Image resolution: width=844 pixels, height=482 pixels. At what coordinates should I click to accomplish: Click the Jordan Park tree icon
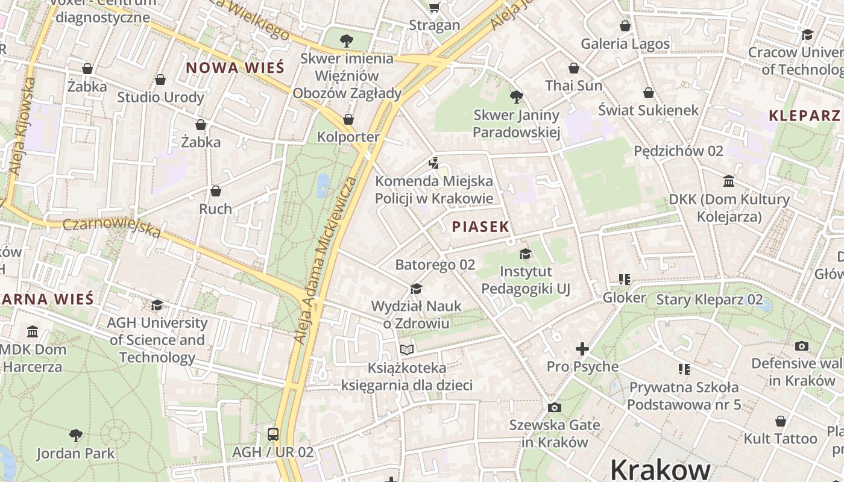click(x=76, y=435)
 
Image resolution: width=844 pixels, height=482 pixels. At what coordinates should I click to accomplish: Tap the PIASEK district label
click(x=480, y=227)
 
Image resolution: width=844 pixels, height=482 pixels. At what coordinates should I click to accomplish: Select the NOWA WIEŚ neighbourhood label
click(x=235, y=67)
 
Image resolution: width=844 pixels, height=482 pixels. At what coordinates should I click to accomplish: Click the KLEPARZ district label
click(x=804, y=116)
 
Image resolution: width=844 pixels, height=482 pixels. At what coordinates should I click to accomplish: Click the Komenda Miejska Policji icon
click(x=433, y=163)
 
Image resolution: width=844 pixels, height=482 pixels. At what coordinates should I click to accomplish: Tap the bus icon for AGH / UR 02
click(x=273, y=434)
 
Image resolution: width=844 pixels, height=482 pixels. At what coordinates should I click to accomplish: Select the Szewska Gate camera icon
click(x=555, y=407)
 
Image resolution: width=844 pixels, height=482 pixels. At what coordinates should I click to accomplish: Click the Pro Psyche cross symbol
click(x=582, y=349)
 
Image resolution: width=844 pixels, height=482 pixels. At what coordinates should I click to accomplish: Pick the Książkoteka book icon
click(x=408, y=349)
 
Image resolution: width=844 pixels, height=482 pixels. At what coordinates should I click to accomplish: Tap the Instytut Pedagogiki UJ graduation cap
click(x=525, y=254)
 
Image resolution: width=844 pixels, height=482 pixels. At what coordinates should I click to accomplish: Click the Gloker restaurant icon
click(x=624, y=280)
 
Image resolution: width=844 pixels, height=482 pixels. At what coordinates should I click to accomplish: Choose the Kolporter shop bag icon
click(x=348, y=119)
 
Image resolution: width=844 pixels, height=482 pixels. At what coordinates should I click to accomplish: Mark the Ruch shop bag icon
click(x=216, y=191)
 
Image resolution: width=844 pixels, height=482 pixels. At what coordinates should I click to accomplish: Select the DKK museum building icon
click(x=729, y=181)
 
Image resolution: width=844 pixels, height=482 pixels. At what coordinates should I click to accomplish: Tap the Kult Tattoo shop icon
click(x=780, y=421)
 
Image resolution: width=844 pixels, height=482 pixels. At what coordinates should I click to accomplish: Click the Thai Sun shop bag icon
click(x=574, y=68)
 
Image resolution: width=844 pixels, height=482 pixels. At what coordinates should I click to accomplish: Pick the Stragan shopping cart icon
click(x=434, y=7)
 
